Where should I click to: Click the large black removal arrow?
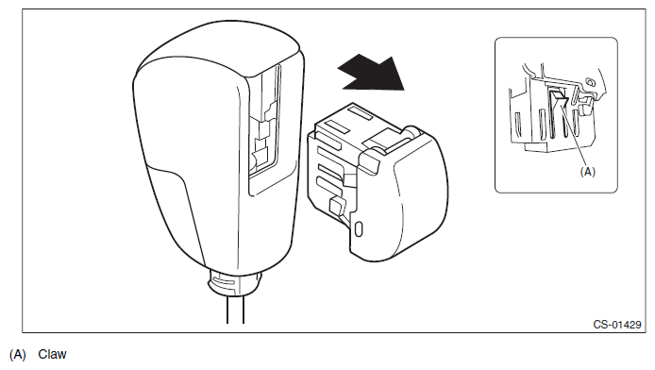372,75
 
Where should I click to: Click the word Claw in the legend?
52,354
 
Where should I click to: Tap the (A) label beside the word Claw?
18,355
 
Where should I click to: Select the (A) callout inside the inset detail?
588,172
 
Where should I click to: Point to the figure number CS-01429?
617,325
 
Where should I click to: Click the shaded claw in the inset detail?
558,97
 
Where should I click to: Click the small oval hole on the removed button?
359,229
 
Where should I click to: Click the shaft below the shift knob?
235,309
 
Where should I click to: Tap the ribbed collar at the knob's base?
234,282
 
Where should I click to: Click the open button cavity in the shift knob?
264,129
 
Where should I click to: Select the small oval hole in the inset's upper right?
590,81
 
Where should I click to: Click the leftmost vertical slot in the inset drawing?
517,124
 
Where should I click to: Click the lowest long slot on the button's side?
329,184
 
